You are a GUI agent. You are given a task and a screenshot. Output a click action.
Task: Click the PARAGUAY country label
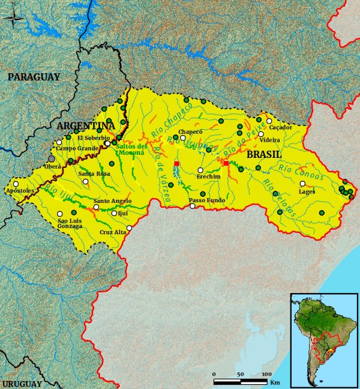tap(34, 77)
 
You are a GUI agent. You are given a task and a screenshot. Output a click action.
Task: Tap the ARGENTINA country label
tap(85, 126)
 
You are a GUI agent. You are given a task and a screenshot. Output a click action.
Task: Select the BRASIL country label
tap(264, 154)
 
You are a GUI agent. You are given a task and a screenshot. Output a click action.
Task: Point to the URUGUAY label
tap(22, 383)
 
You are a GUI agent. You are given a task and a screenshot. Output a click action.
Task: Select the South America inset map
tap(323, 340)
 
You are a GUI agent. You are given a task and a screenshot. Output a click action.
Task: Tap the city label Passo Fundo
tap(206, 200)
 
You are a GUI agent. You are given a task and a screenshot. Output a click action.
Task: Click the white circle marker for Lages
tap(302, 184)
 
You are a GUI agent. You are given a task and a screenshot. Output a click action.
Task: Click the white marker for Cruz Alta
tap(129, 228)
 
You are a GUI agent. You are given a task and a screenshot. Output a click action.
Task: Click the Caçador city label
tap(280, 127)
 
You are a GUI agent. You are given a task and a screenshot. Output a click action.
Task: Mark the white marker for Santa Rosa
tap(86, 181)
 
